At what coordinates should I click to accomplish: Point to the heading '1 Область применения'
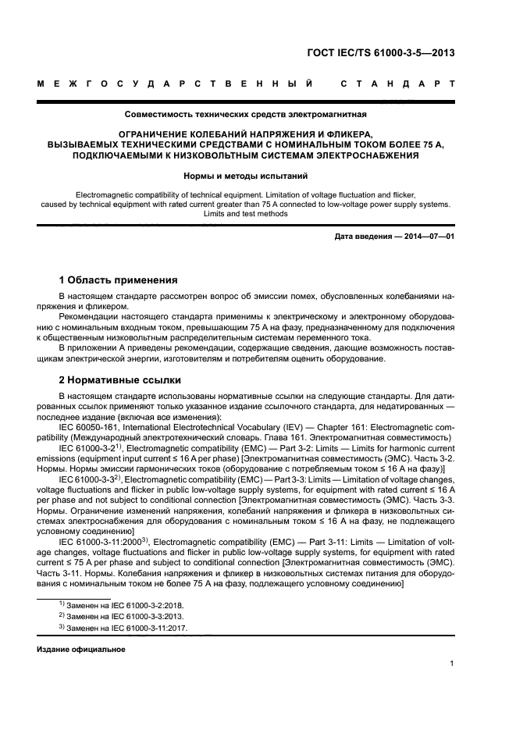119,280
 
